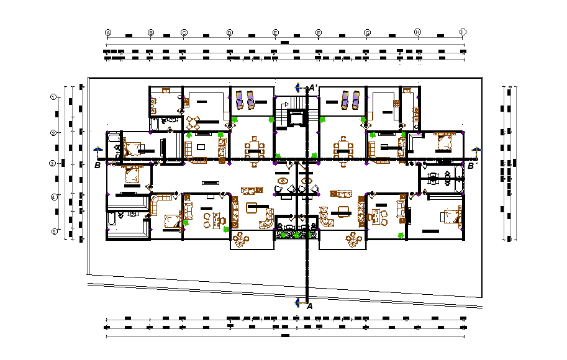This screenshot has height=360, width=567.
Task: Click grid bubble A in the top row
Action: tap(108, 32)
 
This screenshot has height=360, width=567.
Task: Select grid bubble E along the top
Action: tap(275, 32)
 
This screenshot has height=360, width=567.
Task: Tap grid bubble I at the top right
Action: tap(463, 32)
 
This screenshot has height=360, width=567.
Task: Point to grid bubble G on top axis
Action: tap(367, 32)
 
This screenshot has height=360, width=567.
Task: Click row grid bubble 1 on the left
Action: tap(54, 97)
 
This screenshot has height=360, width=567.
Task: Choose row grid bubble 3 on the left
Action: tap(54, 164)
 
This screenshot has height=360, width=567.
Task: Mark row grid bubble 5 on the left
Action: tap(54, 232)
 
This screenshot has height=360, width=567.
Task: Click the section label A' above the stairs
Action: tap(313, 88)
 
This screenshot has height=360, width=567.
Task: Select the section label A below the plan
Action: tap(309, 305)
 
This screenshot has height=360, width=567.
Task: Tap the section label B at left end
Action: tap(97, 166)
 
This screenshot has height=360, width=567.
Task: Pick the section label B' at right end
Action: tap(471, 166)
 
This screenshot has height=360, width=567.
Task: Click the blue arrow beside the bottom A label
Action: tap(298, 302)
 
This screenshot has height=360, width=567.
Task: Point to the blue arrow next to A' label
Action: tap(298, 88)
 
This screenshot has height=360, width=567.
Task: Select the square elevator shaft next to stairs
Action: tap(297, 117)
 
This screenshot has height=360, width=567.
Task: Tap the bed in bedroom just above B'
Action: tap(445, 142)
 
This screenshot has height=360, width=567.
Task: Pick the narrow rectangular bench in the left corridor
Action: tap(209, 182)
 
